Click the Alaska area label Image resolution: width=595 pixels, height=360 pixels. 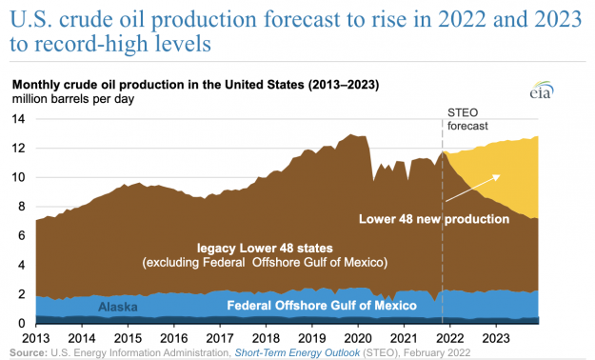118,307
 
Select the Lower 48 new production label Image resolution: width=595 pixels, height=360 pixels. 433,219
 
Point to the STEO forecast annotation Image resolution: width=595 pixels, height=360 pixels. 470,118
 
